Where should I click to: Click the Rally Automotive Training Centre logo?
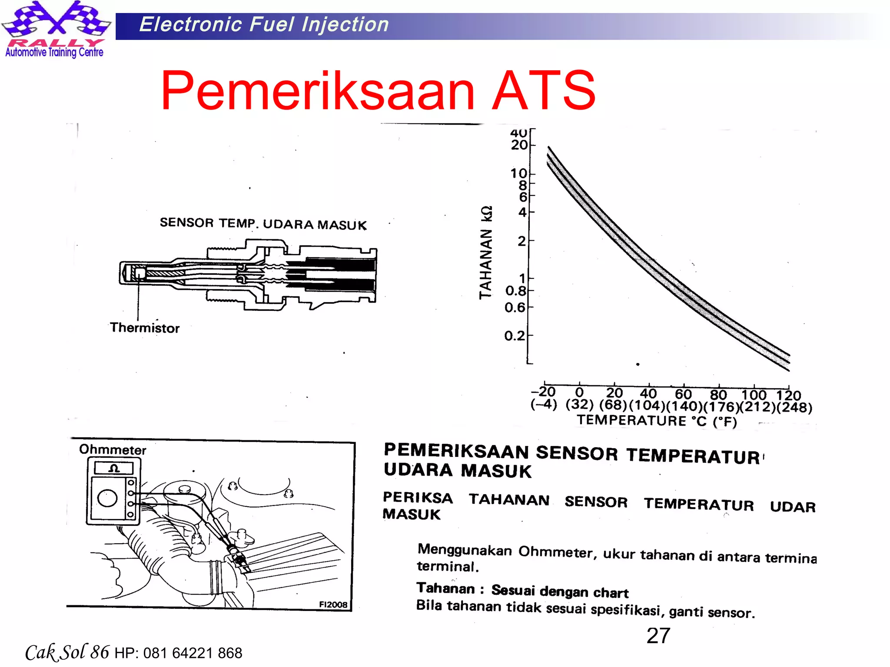55,30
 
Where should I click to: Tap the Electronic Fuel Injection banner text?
264,24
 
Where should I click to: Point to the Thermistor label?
144,328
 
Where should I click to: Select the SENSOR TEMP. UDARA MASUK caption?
263,224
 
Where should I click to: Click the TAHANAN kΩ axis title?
486,252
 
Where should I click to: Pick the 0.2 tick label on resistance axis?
515,336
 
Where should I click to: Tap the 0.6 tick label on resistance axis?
515,308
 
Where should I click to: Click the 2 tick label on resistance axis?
522,241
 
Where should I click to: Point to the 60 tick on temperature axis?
683,394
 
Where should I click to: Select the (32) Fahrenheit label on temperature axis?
579,405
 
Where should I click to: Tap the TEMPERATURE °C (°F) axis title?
657,421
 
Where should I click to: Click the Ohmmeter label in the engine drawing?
113,449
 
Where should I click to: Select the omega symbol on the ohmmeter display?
114,468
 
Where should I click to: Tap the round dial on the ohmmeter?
107,498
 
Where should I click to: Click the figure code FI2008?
333,604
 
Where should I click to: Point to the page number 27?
658,636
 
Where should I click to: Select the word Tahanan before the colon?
446,588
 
